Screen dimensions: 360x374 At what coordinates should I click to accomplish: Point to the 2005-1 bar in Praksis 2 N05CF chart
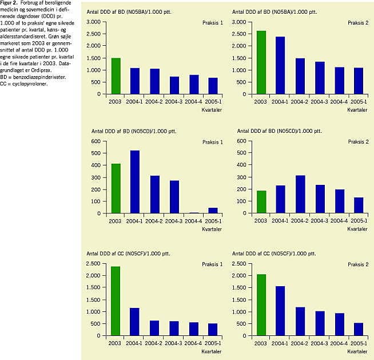click(358, 332)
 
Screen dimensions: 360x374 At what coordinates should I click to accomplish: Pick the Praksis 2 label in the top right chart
click(358, 22)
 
